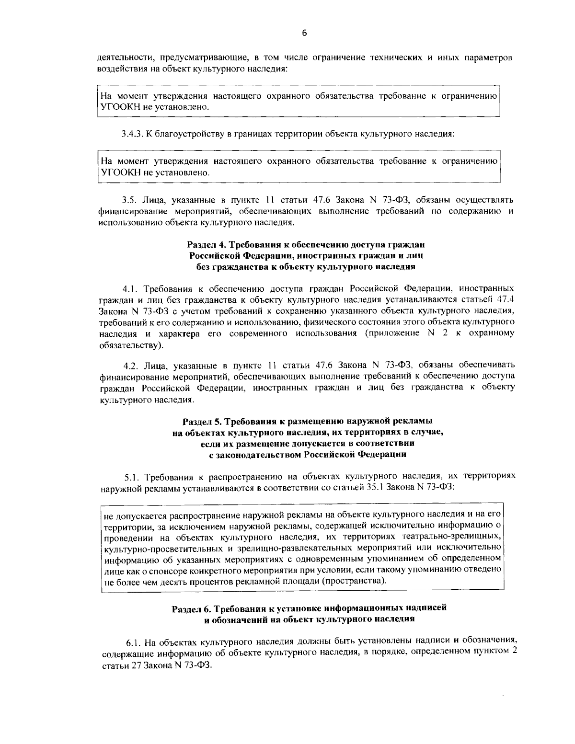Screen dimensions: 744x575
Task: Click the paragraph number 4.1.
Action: click(x=130, y=289)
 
